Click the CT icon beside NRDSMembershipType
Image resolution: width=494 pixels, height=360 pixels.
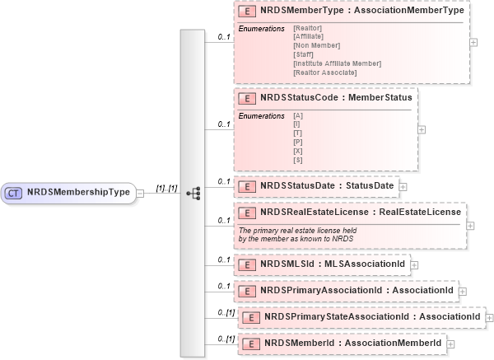[x=14, y=193]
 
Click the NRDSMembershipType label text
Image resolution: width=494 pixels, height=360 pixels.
[x=78, y=193]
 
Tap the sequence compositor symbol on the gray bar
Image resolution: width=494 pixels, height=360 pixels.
[x=193, y=193]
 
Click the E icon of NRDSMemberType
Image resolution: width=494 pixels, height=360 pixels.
[x=245, y=14]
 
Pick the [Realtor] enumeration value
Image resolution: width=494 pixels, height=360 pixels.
[x=307, y=29]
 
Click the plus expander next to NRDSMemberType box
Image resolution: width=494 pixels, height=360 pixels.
[x=473, y=42]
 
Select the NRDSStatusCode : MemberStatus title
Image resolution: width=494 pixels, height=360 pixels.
[x=335, y=97]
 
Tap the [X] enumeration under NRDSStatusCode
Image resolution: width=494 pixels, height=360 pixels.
[x=297, y=151]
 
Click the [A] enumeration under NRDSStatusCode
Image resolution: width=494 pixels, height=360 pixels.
[x=297, y=115]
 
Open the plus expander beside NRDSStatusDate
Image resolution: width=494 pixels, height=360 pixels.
[x=403, y=186]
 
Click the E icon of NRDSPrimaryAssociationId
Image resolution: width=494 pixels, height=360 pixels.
[x=245, y=291]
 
